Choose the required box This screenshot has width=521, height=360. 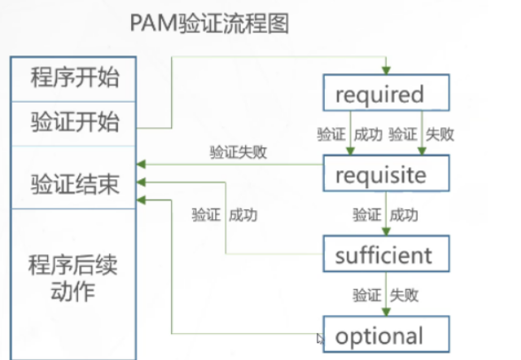[x=385, y=94]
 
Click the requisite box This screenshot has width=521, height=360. [x=385, y=174]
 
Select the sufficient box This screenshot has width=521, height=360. [x=385, y=255]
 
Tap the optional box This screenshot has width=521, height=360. [x=385, y=336]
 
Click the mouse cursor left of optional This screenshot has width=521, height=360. [x=320, y=337]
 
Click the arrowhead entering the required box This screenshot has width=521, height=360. [x=386, y=70]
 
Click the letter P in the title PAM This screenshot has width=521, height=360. [x=136, y=23]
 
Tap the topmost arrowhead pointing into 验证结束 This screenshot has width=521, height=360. [x=142, y=164]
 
